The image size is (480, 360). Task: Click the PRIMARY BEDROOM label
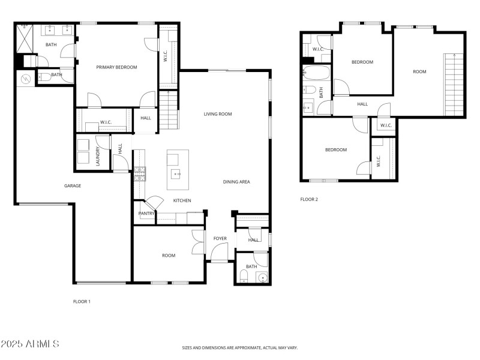117,67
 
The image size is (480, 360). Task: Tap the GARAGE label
73,185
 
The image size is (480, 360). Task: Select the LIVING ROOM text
217,114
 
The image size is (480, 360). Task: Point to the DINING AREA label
236,182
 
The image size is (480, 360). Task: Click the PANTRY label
146,213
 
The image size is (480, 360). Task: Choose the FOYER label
220,238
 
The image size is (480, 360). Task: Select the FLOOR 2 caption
309,199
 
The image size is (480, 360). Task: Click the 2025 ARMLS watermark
30,344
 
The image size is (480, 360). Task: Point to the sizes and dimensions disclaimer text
240,347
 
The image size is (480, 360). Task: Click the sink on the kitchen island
176,175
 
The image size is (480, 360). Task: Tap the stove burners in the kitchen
139,174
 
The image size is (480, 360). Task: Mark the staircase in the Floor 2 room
454,85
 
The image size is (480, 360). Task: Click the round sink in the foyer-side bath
261,277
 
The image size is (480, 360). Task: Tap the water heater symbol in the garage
26,79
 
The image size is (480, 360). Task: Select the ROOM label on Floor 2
419,71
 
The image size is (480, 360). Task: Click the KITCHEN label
182,200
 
